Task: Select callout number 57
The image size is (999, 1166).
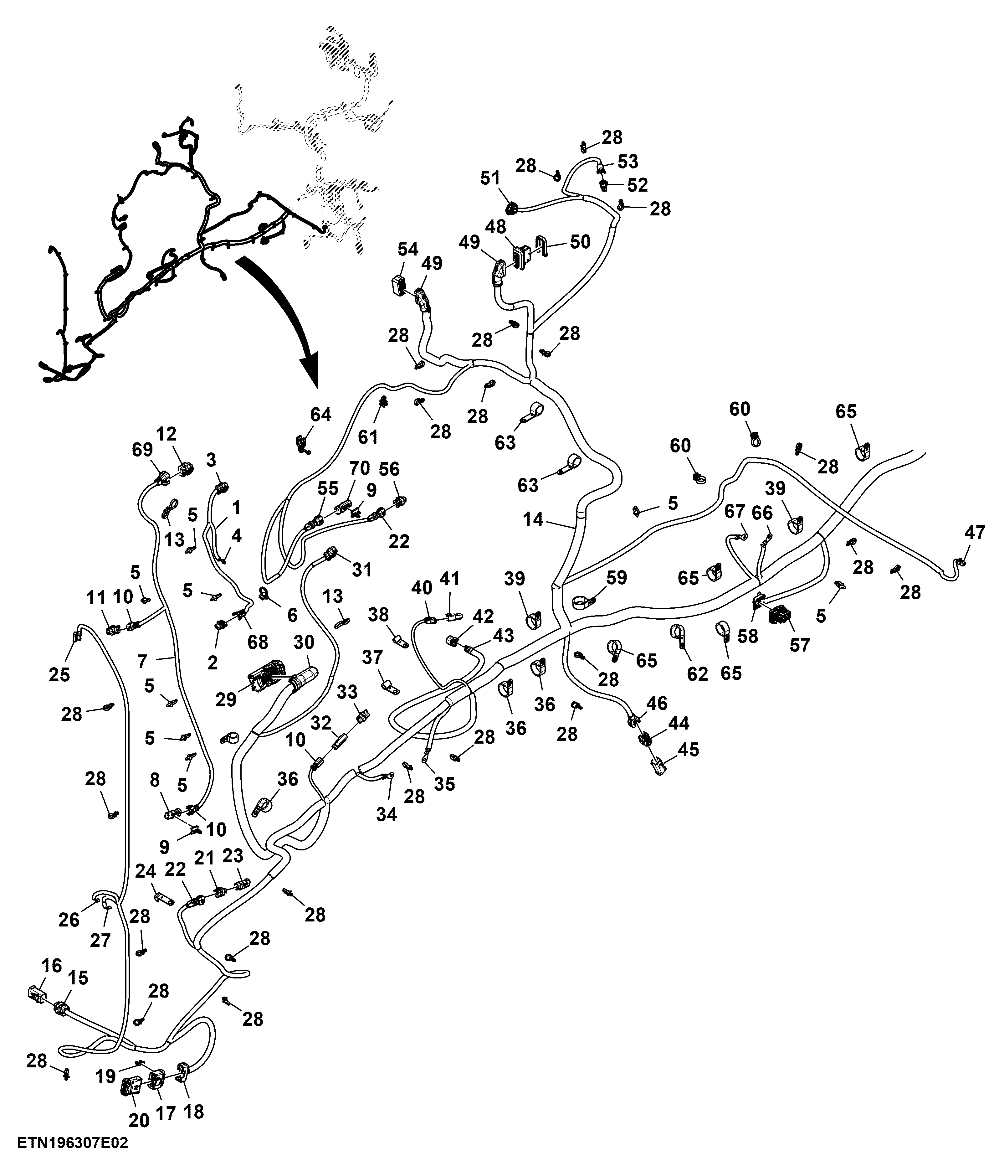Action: [799, 644]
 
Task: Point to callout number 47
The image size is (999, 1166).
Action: [975, 532]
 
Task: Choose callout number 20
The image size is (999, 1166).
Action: [139, 1120]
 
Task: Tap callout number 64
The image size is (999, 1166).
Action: [320, 415]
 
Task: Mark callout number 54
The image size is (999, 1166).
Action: [408, 249]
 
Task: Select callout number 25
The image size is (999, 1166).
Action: [59, 674]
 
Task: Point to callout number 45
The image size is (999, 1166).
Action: [689, 749]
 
